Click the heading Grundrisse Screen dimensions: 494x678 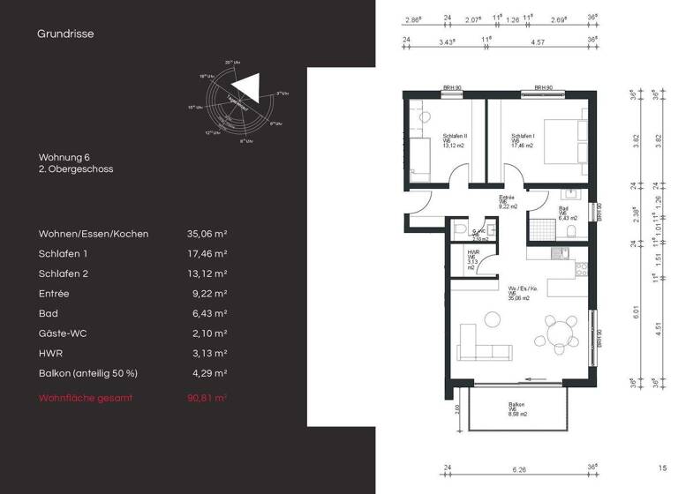click(65, 34)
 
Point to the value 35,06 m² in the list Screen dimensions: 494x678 click(207, 234)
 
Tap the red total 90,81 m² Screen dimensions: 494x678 click(207, 398)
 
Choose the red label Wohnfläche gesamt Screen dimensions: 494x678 click(86, 398)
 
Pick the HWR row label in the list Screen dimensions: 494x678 click(50, 353)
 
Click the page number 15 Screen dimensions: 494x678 click(662, 468)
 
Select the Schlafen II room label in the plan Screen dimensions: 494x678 click(456, 139)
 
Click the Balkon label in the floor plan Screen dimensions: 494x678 click(516, 408)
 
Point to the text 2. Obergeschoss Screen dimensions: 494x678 click(76, 168)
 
